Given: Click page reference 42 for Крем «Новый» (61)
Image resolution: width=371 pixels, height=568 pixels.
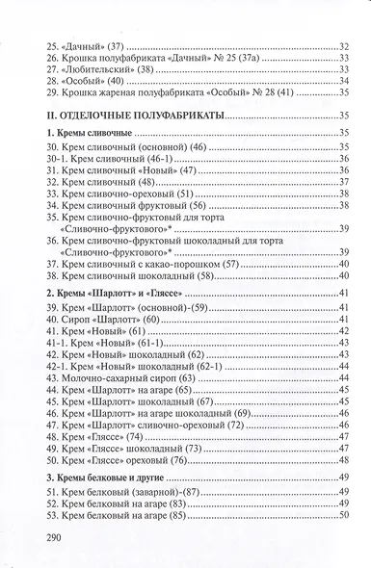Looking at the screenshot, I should click(340, 329).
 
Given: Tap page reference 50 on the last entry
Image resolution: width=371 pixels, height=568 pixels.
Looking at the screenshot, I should click(340, 518).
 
